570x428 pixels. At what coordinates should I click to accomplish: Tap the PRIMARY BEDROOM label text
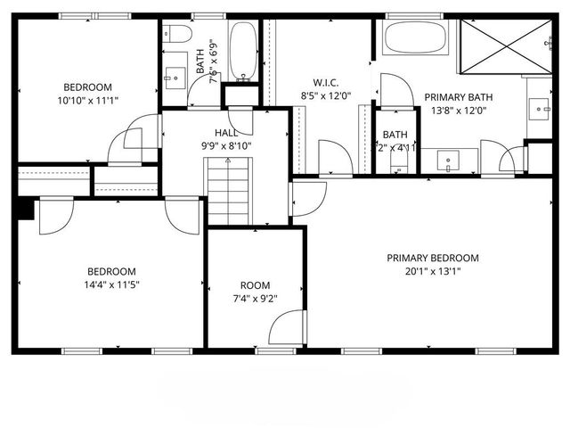tap(432, 259)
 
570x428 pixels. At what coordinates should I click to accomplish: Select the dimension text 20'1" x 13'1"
tap(432, 274)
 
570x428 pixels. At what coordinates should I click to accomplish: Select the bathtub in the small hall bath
tap(242, 49)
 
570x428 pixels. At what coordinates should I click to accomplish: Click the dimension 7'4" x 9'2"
tap(254, 300)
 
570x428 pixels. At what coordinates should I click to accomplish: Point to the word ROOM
tap(254, 285)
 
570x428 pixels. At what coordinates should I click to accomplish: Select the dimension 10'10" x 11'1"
tap(87, 102)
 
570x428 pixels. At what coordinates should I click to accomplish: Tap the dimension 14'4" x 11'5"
tap(111, 286)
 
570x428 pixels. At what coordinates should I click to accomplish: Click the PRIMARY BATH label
tap(459, 97)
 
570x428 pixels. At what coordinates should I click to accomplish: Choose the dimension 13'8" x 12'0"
tap(459, 111)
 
